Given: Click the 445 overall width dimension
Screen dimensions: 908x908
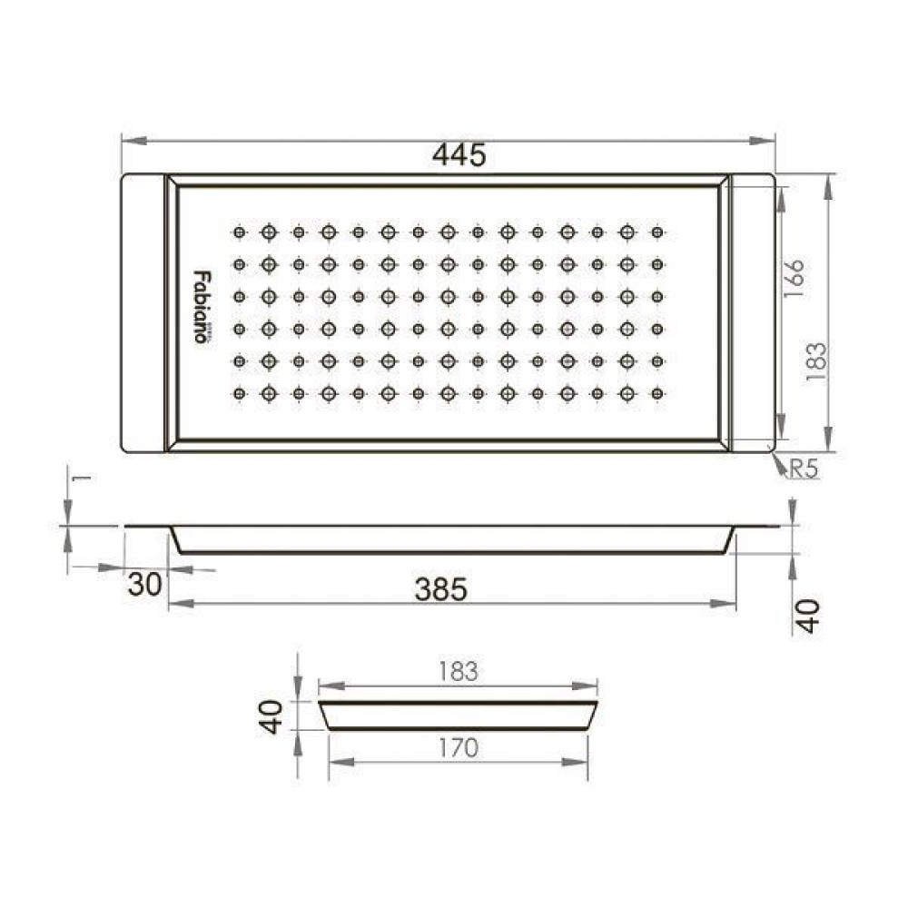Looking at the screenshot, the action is (x=459, y=155).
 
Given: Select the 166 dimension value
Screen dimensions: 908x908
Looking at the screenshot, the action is (x=794, y=279).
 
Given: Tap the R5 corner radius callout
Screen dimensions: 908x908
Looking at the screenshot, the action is (x=804, y=469).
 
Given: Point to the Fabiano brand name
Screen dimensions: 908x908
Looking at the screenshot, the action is (x=202, y=306).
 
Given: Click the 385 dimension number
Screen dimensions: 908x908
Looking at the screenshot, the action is (x=441, y=590).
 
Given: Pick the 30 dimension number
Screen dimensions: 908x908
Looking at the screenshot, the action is (x=144, y=584).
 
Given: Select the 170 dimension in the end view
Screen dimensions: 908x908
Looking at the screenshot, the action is (x=458, y=747).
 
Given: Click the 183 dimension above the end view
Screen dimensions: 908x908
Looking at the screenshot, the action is (x=458, y=671).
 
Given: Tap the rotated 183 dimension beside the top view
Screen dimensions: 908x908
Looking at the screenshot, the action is (x=815, y=361).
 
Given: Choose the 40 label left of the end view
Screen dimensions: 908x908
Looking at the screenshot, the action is (x=271, y=717).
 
